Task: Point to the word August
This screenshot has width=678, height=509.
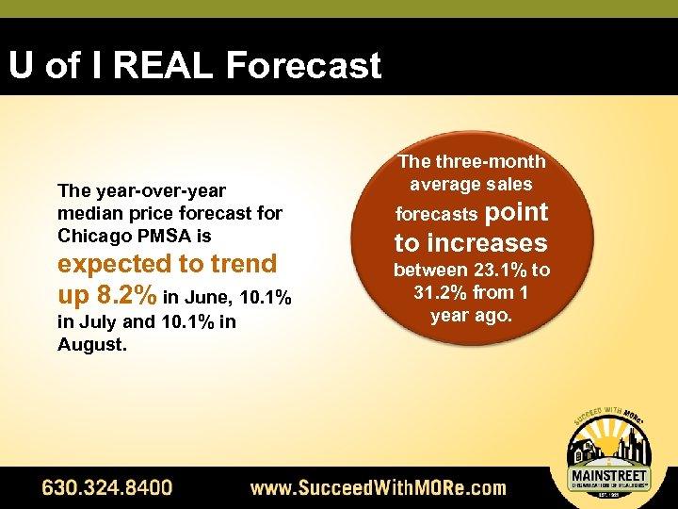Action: pos(90,344)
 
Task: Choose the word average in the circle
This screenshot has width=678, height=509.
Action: pos(441,184)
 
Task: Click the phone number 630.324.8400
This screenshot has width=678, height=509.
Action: pos(106,487)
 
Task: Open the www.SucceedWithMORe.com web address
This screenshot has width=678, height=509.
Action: pos(378,487)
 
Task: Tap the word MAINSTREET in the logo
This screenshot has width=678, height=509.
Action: pos(610,475)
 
